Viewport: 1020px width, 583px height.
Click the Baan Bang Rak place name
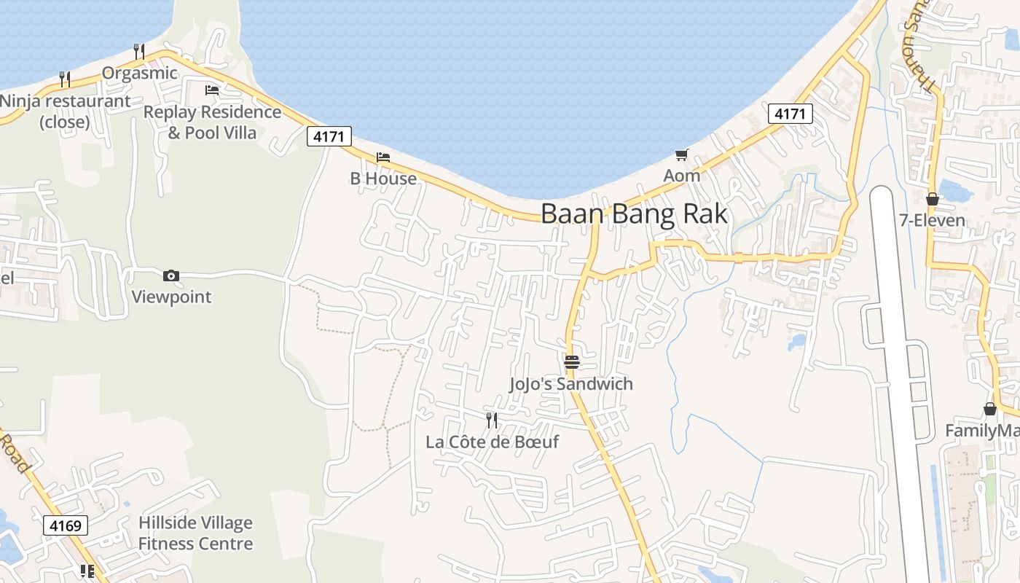pos(634,214)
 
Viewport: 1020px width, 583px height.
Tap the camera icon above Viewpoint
pos(171,275)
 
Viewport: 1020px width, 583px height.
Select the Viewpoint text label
pos(171,297)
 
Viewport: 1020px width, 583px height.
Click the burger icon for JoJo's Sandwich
pos(572,361)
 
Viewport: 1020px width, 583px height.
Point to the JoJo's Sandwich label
pos(571,383)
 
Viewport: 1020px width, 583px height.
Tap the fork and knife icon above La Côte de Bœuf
pos(492,420)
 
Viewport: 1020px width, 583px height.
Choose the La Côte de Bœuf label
pos(492,442)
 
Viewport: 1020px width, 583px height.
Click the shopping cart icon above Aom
pos(682,154)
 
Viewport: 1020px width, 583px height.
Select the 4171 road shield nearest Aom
pos(790,114)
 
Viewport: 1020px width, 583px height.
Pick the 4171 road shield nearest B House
pos(329,136)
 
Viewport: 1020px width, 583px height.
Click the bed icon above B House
pos(383,157)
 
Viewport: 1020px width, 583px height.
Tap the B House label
pos(383,179)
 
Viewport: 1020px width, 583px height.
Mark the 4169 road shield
pos(66,525)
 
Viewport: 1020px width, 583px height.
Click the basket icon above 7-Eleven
pos(933,199)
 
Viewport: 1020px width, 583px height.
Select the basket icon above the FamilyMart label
pos(990,410)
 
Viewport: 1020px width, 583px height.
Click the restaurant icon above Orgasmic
pos(139,52)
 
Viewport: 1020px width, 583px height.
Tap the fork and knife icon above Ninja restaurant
pos(65,79)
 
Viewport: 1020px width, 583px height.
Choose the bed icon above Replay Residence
pos(212,90)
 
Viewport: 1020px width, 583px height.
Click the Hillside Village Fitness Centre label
pos(195,533)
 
